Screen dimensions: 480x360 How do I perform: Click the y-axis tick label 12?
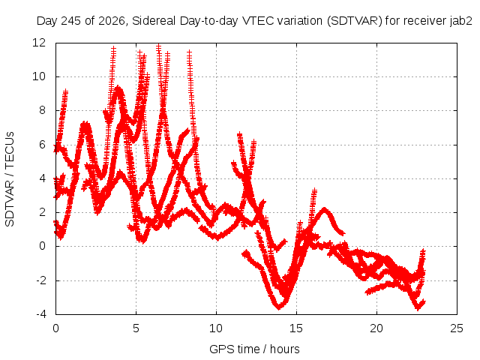coord(39,43)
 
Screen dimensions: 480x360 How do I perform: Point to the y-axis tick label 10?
coord(39,76)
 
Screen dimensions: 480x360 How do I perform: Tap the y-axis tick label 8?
coord(42,110)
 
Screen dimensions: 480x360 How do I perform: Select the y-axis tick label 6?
coord(42,145)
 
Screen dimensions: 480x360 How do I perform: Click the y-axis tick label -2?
coord(41,280)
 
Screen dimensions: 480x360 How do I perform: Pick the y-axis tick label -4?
coord(41,314)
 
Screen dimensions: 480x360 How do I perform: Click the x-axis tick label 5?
coord(136,328)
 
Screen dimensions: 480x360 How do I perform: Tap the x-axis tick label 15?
coord(296,328)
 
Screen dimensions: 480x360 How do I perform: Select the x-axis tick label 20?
coord(376,328)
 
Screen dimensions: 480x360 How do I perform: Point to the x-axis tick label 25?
coord(457,328)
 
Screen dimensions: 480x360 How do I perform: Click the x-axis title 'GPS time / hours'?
coord(254,349)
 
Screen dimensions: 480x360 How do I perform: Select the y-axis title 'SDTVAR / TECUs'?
coord(10,179)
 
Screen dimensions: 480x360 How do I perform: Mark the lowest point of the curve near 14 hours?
coord(279,307)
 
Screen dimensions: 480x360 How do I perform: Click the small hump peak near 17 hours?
coord(325,210)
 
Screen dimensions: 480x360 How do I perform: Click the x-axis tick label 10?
coord(216,328)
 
